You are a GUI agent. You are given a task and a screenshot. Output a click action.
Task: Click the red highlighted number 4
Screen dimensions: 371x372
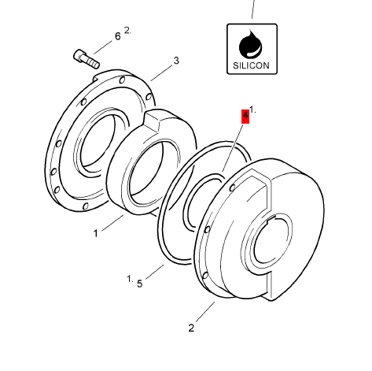(245, 116)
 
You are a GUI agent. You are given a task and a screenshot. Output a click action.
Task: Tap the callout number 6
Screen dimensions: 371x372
(118, 36)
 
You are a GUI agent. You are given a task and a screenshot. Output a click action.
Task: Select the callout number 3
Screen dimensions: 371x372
(176, 61)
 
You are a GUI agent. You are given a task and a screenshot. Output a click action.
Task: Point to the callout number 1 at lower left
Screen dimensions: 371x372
(96, 232)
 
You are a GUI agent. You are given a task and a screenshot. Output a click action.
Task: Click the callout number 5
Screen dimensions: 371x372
(140, 283)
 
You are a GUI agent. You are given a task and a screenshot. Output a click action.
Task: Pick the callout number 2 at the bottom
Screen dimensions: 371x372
(190, 328)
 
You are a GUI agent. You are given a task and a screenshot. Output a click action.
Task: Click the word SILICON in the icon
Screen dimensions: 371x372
(252, 65)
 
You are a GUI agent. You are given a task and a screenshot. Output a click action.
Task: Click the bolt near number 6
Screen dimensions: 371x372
(86, 58)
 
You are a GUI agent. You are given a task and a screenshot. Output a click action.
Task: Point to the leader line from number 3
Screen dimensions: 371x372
(161, 72)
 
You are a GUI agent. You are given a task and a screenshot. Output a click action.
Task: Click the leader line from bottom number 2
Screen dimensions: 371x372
(203, 313)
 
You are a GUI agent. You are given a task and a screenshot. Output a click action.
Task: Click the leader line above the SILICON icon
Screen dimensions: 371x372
(253, 9)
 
